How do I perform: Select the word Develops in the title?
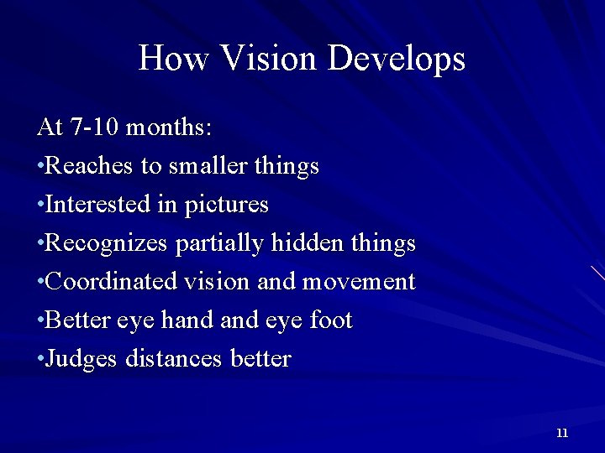point(397,59)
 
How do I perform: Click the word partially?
point(220,243)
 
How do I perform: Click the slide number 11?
point(562,433)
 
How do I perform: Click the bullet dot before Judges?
point(41,360)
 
